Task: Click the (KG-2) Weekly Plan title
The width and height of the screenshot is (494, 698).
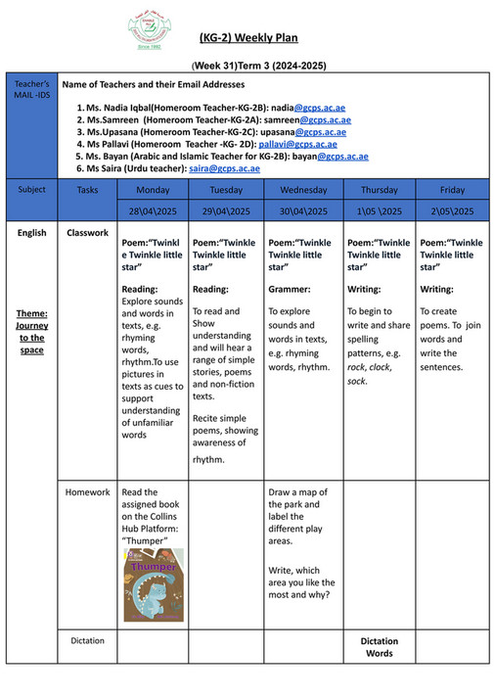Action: click(248, 38)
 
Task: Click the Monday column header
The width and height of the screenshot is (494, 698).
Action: click(152, 190)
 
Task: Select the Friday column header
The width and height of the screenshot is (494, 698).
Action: click(452, 190)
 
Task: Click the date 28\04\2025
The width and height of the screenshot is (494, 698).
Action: click(152, 211)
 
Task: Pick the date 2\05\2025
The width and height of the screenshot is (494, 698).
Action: click(452, 211)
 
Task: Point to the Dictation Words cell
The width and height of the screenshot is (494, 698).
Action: click(379, 647)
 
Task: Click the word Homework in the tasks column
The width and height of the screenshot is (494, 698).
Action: click(87, 492)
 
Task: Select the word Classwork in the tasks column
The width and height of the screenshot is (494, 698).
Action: click(87, 234)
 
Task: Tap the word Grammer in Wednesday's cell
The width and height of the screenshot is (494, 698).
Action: click(290, 289)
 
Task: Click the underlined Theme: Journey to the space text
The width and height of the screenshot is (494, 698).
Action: click(31, 331)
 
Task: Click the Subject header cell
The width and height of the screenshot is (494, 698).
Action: click(31, 190)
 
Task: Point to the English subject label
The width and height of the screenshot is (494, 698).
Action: click(31, 234)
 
